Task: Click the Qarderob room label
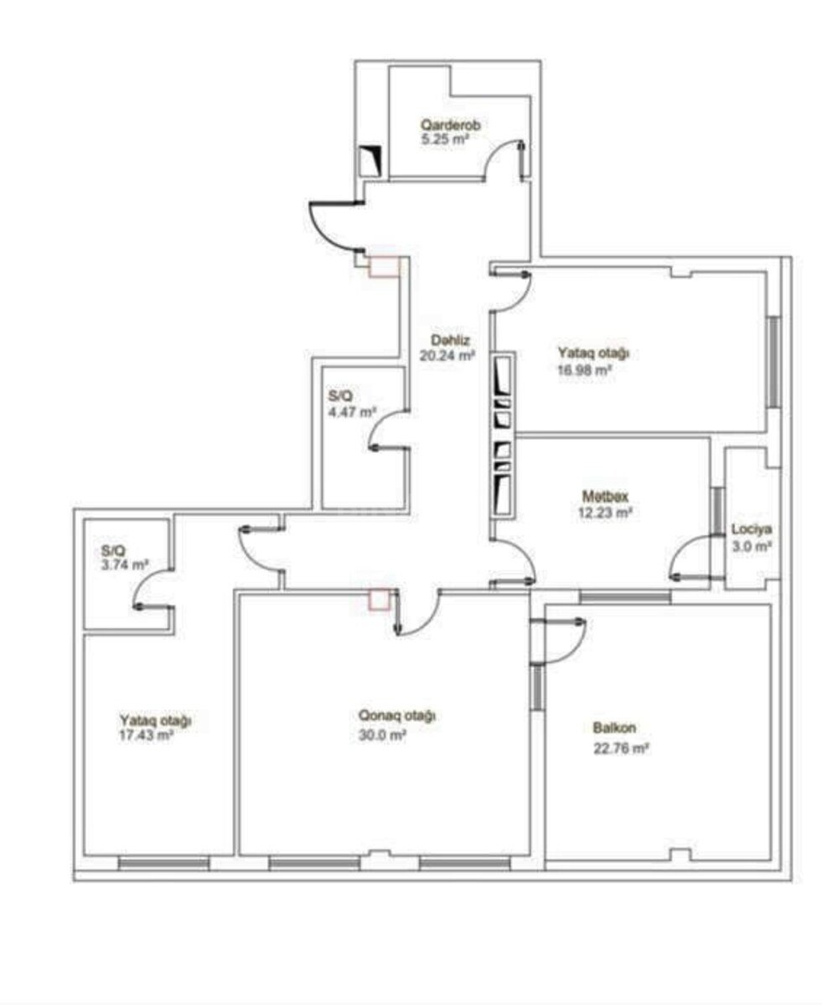point(450,125)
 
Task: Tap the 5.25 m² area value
point(443,139)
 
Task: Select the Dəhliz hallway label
point(450,340)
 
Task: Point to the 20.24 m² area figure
point(447,355)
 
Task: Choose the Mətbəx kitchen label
point(605,496)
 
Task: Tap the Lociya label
point(752,529)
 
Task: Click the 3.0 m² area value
point(752,546)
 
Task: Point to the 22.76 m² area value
point(621,749)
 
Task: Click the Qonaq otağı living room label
point(396,716)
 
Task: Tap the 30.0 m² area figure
point(382,735)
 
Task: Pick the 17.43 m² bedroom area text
point(146,735)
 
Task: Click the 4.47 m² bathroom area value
point(353,411)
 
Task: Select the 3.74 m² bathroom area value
point(125,565)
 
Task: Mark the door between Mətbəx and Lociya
point(690,556)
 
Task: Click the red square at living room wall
point(380,599)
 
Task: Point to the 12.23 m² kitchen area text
point(605,513)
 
